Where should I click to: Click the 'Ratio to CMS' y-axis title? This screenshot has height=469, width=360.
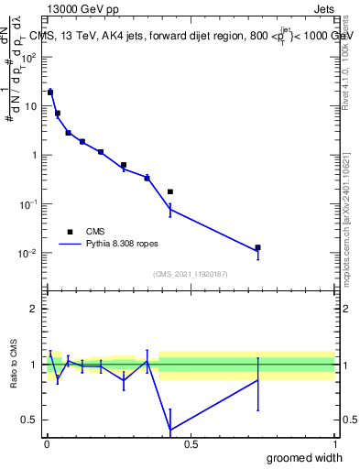(13, 364)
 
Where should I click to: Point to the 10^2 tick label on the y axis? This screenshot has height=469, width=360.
(29, 57)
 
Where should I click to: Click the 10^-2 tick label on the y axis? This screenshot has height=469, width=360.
(29, 253)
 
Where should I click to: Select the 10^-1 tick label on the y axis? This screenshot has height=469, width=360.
(29, 204)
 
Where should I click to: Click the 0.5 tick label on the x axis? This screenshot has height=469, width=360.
(191, 444)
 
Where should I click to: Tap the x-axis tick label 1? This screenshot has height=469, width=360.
(334, 444)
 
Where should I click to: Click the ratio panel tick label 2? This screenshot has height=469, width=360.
(34, 309)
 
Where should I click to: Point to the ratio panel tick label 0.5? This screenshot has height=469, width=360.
(29, 420)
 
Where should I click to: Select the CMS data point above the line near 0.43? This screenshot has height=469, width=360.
(170, 191)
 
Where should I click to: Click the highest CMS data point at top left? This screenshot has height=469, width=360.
(50, 92)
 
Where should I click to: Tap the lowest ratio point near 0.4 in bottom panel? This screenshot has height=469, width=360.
(170, 430)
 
